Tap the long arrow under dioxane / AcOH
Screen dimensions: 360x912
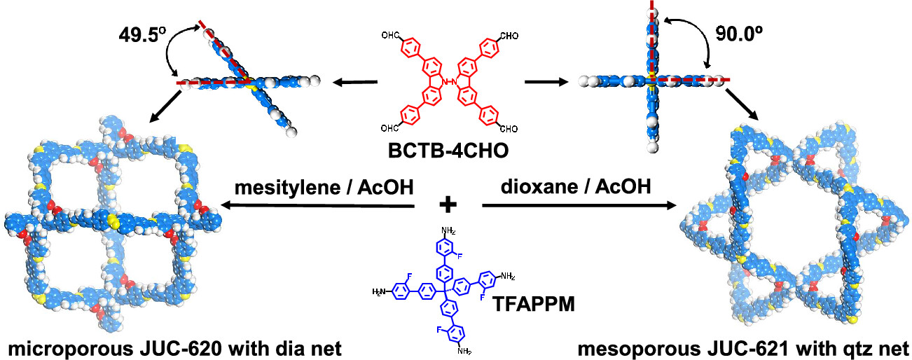click(579, 206)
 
